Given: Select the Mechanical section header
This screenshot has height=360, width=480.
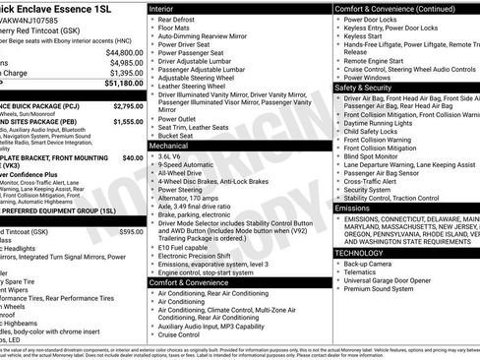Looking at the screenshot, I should pos(175,145).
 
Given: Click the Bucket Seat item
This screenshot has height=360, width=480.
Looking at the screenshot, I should pos(180,135).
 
